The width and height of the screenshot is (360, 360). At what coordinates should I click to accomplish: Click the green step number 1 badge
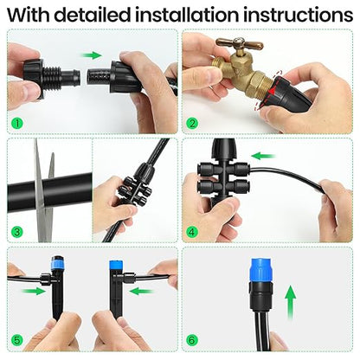17,122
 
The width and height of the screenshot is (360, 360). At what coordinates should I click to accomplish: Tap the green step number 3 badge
17,231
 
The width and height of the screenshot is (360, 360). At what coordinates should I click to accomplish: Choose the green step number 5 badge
17,340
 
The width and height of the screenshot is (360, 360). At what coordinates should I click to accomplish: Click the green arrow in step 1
91,55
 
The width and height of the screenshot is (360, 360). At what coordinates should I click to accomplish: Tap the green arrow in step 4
263,157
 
